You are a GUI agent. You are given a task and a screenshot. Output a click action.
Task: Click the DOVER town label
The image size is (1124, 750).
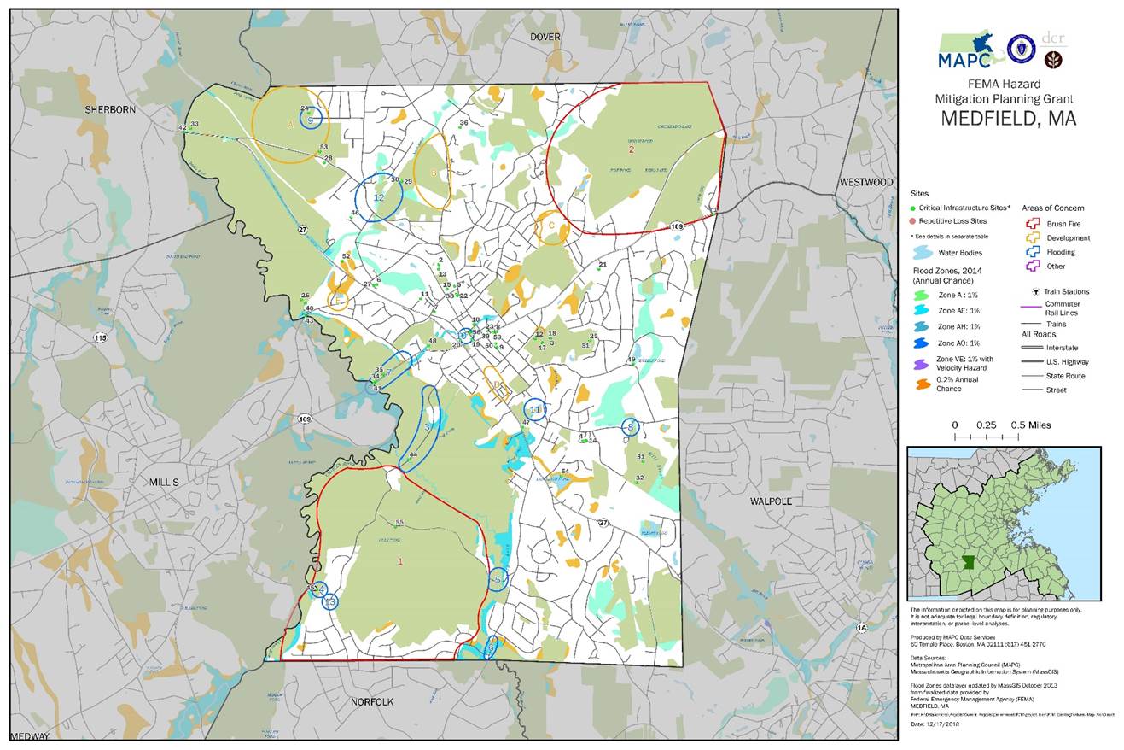(545, 37)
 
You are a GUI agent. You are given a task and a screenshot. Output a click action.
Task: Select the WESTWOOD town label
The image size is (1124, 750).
(865, 182)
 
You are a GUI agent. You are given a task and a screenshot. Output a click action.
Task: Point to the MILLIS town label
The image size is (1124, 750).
(164, 482)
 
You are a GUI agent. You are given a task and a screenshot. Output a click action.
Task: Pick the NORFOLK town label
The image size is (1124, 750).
(372, 702)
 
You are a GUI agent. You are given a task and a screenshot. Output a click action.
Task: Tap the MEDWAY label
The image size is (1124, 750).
(30, 736)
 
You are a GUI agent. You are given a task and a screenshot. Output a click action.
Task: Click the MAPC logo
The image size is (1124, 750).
(965, 51)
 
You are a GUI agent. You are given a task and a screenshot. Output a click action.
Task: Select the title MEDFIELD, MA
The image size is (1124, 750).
(1008, 119)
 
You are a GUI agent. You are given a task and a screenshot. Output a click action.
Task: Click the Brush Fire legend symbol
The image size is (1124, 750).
(1032, 224)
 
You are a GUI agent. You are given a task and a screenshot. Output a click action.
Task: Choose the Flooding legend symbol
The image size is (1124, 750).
(1032, 252)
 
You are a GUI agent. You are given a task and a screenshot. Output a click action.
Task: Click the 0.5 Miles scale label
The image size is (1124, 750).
(1030, 425)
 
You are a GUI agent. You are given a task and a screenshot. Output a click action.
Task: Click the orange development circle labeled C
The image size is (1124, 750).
(551, 226)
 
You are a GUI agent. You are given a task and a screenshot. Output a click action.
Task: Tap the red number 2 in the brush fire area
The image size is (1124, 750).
(632, 149)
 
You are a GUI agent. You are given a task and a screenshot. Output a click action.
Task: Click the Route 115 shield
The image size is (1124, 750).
(101, 338)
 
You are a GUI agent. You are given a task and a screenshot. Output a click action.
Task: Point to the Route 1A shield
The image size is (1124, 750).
(861, 628)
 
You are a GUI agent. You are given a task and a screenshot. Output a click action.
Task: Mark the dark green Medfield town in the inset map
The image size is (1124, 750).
(970, 565)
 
